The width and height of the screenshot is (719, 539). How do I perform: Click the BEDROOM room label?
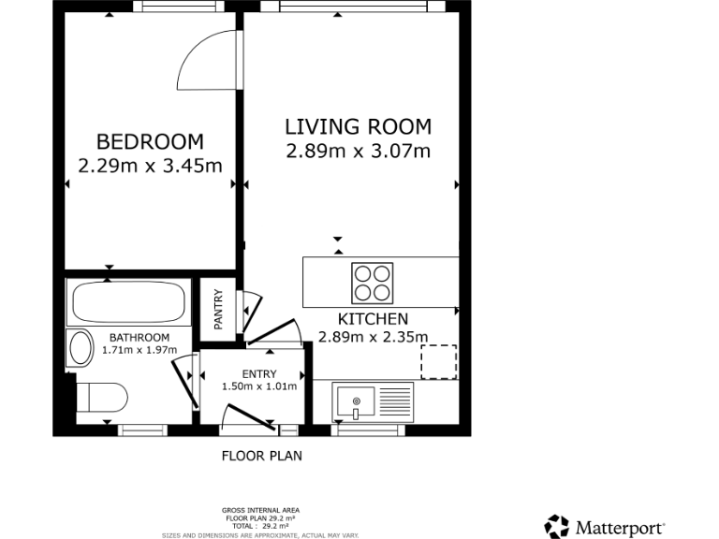[150, 142]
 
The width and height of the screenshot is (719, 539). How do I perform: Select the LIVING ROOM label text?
[358, 126]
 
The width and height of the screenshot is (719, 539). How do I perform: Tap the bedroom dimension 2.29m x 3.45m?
[150, 167]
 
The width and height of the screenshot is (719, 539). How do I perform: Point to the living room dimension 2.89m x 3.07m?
[358, 151]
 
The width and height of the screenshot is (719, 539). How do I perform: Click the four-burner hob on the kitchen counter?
[372, 282]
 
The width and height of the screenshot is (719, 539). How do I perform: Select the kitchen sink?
[357, 402]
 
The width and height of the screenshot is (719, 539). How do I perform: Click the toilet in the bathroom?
[101, 398]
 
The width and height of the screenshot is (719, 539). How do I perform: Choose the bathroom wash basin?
[77, 349]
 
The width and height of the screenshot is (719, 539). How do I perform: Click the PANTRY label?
[218, 309]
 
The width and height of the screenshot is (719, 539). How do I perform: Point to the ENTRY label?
[259, 374]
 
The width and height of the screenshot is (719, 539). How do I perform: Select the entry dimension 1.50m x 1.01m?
[259, 386]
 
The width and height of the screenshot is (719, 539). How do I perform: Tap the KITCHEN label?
[373, 319]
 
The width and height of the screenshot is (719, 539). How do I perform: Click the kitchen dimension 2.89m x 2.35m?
[373, 338]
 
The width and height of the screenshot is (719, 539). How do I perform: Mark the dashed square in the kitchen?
[438, 362]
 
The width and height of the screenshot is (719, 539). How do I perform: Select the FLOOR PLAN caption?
[261, 457]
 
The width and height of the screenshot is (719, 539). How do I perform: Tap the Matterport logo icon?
[557, 526]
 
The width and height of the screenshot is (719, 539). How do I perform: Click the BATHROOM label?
[139, 338]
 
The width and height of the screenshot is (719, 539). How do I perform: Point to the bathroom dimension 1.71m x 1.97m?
[139, 350]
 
